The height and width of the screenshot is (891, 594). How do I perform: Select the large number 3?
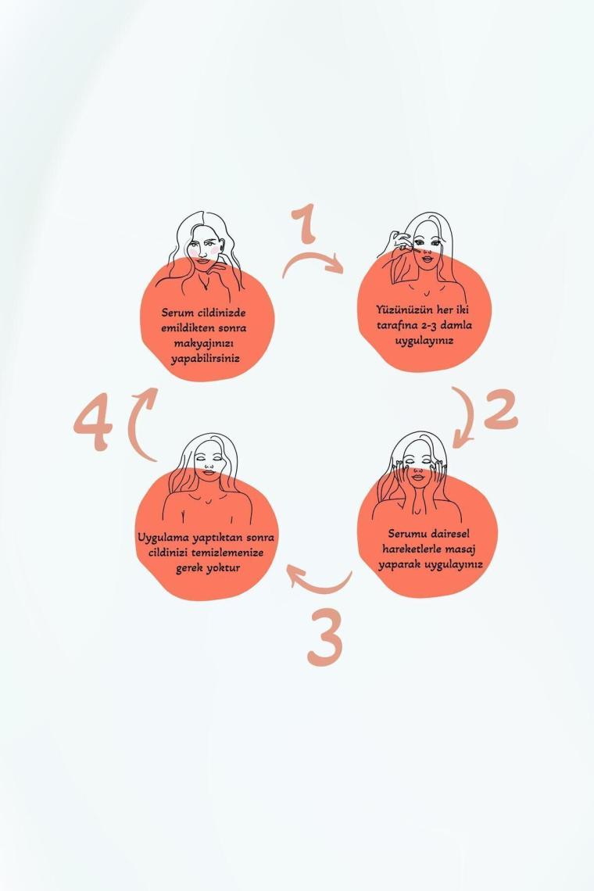(x=324, y=637)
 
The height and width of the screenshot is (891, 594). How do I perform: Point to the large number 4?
(x=93, y=425)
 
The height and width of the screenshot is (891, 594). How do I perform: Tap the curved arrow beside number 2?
(x=469, y=417)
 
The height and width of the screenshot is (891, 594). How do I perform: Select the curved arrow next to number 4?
(x=135, y=420)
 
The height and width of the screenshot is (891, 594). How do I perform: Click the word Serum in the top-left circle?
(x=177, y=313)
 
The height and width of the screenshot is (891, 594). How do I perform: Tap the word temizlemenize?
(x=227, y=553)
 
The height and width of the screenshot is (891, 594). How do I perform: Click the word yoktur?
(x=224, y=568)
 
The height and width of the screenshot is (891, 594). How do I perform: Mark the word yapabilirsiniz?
(x=206, y=360)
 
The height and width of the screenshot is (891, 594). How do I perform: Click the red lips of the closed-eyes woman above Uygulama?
(x=208, y=471)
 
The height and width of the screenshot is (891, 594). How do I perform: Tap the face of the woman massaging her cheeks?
(x=419, y=466)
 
